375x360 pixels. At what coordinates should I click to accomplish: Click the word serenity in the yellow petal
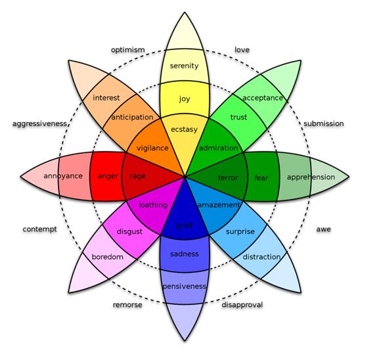tap(184, 66)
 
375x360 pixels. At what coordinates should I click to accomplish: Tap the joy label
tap(185, 99)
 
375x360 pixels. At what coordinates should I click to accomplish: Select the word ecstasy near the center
tap(184, 129)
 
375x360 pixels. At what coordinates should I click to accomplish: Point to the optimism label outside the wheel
tap(128, 50)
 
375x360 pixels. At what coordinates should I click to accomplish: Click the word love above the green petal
tap(242, 50)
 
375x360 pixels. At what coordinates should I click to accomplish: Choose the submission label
tap(324, 124)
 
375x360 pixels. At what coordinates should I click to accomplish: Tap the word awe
tap(324, 229)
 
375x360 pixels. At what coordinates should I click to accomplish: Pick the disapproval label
tap(242, 305)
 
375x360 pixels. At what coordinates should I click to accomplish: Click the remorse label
tap(127, 305)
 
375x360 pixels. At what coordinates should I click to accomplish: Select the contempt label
tap(39, 229)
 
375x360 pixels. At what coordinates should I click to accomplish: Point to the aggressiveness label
tap(39, 124)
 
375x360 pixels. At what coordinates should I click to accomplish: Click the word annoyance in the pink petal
tap(63, 176)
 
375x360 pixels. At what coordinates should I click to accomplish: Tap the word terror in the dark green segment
tap(228, 178)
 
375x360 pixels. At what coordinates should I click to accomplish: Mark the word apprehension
tap(311, 177)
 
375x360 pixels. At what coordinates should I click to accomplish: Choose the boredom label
tap(108, 257)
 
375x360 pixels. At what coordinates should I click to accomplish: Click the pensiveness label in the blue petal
tap(184, 286)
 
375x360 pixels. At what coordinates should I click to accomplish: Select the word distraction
tap(261, 257)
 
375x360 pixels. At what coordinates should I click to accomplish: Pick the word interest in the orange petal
tap(106, 98)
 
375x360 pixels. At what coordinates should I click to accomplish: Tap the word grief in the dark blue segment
tap(184, 225)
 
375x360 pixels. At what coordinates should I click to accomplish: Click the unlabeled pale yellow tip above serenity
tap(185, 34)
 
